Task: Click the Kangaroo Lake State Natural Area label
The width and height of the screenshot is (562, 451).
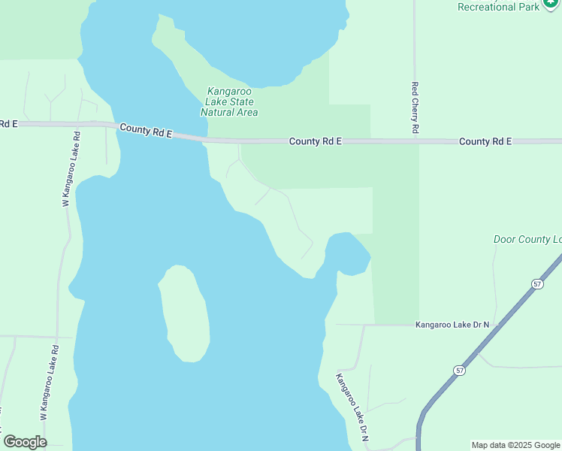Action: tap(229, 102)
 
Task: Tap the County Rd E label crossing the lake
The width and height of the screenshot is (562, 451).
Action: tap(146, 131)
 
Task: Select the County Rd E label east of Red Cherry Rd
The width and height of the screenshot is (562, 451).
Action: tap(485, 141)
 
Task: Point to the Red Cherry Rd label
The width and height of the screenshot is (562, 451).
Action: tap(415, 108)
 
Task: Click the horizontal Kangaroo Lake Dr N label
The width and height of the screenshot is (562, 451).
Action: tap(452, 325)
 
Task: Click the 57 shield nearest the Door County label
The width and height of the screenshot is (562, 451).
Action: tap(536, 283)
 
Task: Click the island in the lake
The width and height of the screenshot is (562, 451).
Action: tap(184, 313)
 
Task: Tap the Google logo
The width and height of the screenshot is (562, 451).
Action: tap(25, 442)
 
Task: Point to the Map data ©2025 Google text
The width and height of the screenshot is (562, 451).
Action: tap(515, 445)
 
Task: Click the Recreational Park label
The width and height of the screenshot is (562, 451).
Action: tap(499, 7)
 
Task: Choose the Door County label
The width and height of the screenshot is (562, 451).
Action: tap(527, 240)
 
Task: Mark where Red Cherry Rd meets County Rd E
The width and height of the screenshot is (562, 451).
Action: tap(415, 141)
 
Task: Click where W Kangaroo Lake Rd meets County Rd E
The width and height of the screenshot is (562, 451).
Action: tap(77, 124)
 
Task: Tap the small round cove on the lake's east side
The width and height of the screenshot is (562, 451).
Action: tap(348, 253)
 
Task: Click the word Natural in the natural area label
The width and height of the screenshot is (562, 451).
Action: tap(218, 113)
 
